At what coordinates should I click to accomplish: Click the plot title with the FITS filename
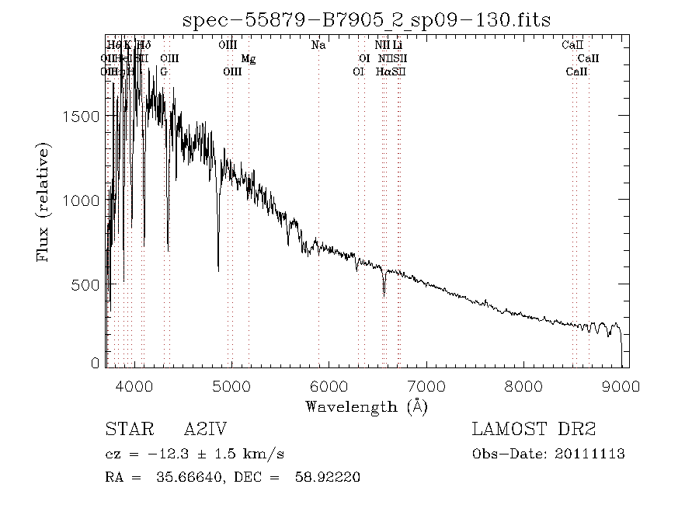click(366, 20)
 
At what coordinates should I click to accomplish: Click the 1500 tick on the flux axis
click(80, 116)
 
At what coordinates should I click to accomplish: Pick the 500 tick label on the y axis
click(85, 284)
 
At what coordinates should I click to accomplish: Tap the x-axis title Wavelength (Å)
click(366, 406)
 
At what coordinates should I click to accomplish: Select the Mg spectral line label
click(248, 59)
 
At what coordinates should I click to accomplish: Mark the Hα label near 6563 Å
click(383, 72)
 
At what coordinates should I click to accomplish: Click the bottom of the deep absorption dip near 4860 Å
click(218, 270)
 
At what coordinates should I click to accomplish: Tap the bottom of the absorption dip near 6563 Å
click(384, 294)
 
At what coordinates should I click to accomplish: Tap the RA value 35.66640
click(176, 476)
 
